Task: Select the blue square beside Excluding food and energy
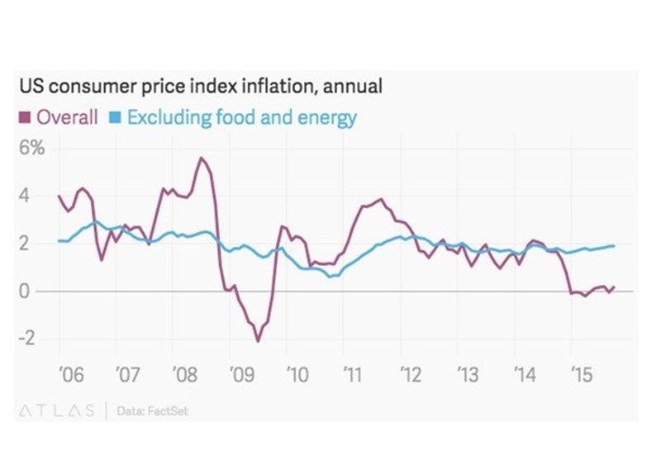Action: [116, 117]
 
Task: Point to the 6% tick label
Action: [32, 149]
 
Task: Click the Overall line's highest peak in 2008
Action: [200, 158]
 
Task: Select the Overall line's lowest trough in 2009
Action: [258, 341]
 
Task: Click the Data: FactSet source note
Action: [154, 410]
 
